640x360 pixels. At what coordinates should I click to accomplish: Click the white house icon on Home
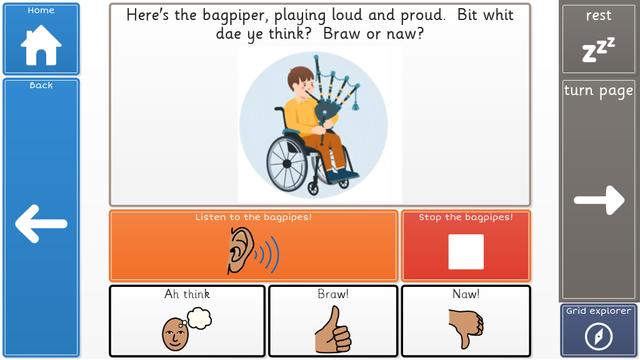(x=41, y=45)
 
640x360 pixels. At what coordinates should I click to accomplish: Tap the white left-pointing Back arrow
(x=41, y=224)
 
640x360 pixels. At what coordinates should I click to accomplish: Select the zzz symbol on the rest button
(x=598, y=50)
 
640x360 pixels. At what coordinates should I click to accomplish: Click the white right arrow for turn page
(x=599, y=200)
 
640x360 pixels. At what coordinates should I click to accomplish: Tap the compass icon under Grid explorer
(x=598, y=337)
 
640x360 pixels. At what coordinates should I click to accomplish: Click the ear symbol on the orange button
(x=241, y=250)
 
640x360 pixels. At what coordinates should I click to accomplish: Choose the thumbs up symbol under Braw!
(x=332, y=330)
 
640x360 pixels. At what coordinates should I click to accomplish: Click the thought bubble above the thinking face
(x=199, y=318)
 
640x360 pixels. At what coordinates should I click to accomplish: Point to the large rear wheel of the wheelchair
(x=287, y=164)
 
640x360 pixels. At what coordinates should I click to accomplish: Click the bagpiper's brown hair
(x=299, y=76)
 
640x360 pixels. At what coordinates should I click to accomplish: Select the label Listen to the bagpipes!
(x=254, y=217)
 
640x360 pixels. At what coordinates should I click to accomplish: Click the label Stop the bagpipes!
(x=466, y=217)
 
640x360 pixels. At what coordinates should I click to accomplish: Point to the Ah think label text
(x=187, y=294)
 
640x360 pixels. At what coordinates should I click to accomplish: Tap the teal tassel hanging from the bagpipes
(x=356, y=104)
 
